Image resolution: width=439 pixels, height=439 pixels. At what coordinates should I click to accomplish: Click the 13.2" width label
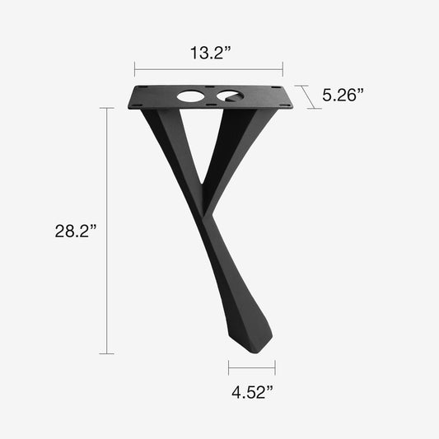click(208, 53)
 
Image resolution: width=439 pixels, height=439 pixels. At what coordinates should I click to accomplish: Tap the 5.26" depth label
click(343, 95)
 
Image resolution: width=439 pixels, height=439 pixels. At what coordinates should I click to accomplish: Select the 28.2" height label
click(77, 231)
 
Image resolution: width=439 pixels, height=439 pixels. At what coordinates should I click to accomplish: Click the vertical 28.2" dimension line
click(106, 231)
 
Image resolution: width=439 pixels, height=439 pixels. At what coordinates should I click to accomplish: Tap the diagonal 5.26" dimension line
click(305, 96)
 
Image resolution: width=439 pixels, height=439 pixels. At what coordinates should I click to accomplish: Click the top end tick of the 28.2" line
click(106, 108)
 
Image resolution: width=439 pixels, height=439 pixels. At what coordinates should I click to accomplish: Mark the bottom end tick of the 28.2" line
click(106, 354)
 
